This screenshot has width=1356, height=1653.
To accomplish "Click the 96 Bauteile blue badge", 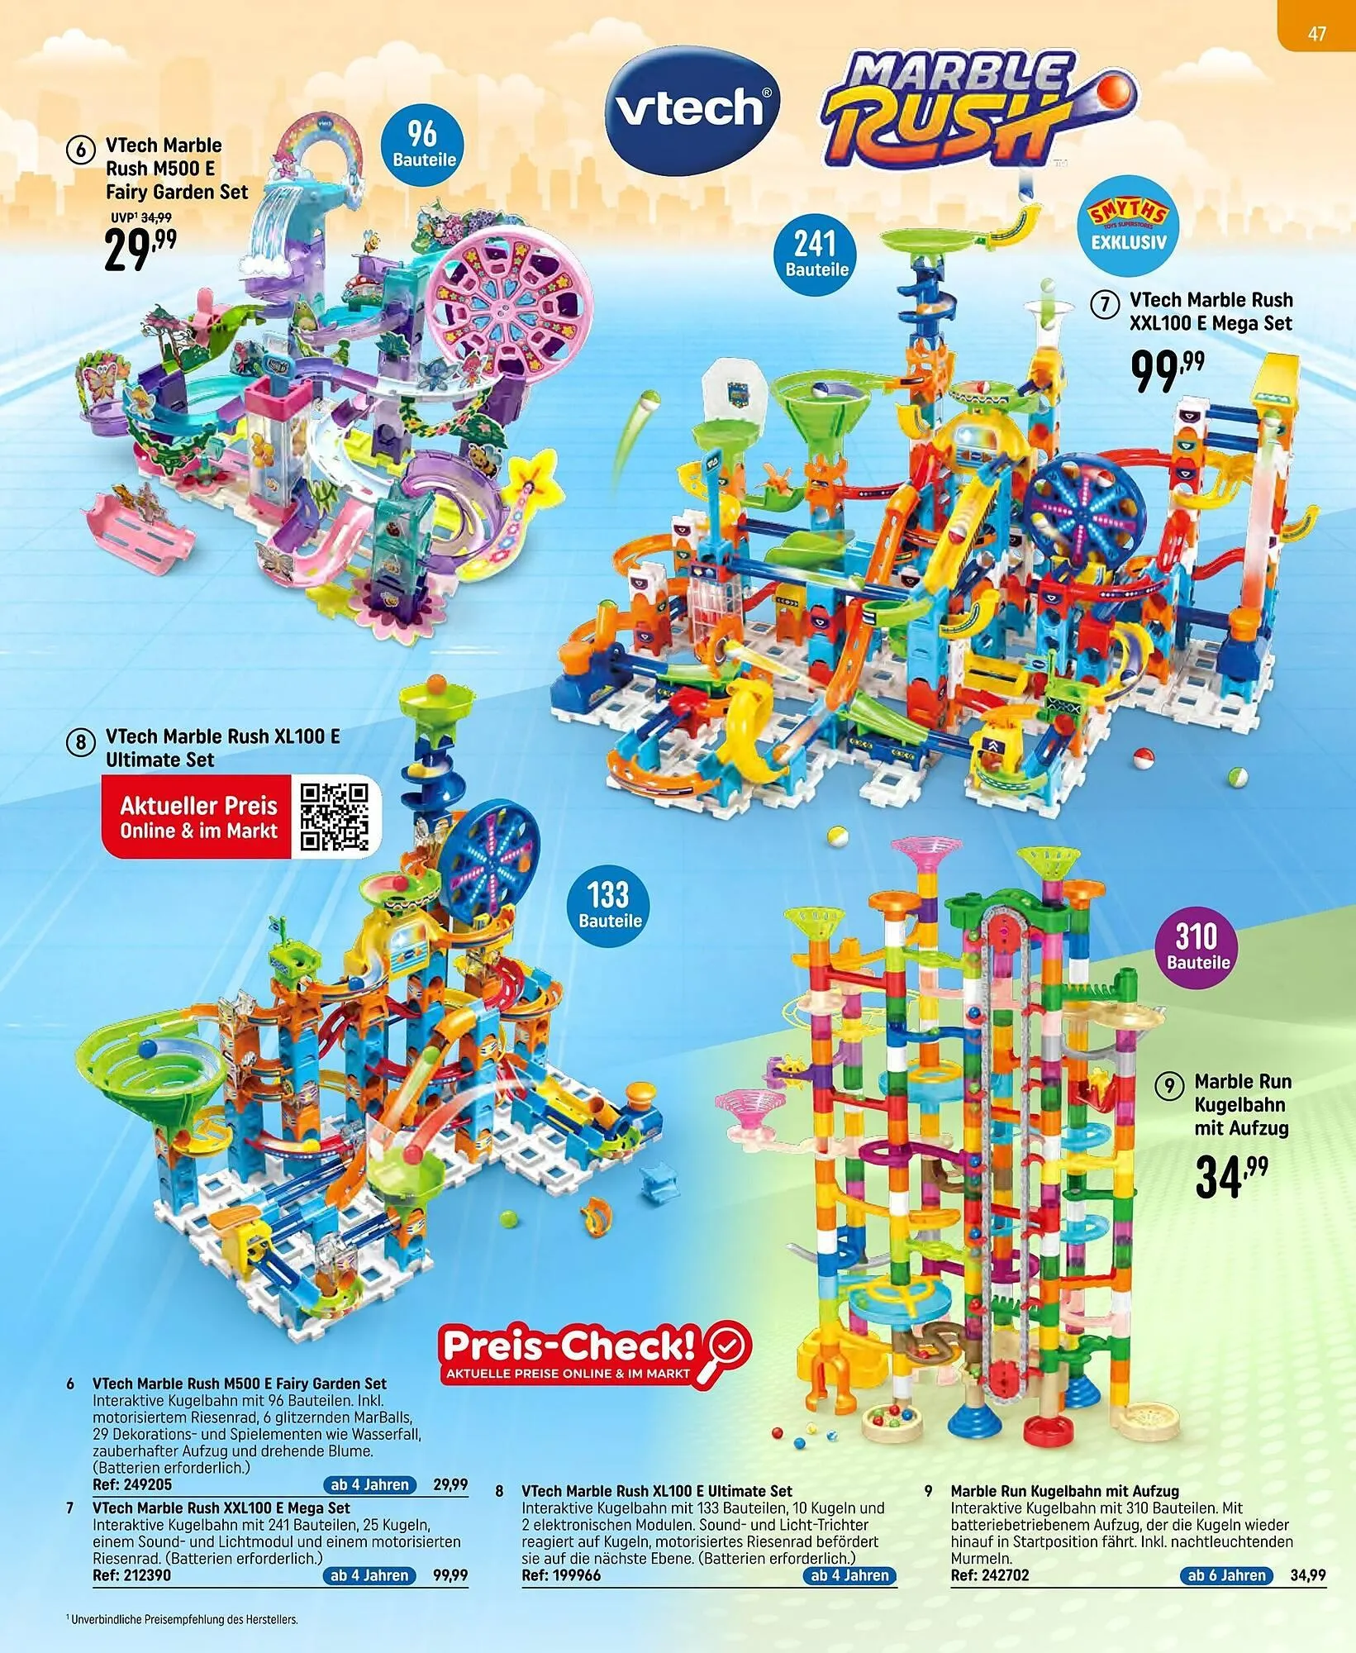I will [x=424, y=145].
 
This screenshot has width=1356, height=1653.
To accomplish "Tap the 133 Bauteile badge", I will [x=610, y=906].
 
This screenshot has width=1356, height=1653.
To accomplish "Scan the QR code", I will [x=334, y=817].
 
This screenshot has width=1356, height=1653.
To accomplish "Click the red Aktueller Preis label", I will [x=198, y=817].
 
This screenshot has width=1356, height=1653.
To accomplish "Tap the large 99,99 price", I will [x=1168, y=372].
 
